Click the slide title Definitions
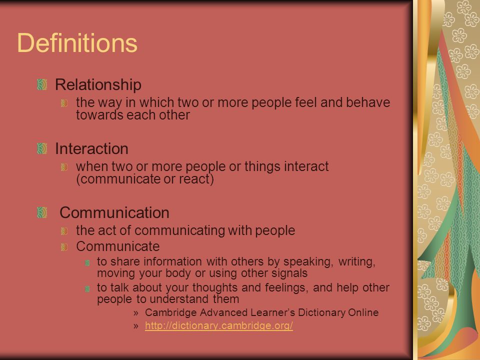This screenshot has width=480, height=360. [77, 43]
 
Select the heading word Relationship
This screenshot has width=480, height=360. [98, 85]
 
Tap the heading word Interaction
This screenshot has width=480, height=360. [91, 149]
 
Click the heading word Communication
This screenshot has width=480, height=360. [114, 213]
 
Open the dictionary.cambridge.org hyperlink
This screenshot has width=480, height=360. [219, 325]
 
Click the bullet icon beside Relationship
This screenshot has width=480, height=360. [42, 85]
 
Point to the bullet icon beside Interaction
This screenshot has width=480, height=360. [42, 149]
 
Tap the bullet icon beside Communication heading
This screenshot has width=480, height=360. [42, 213]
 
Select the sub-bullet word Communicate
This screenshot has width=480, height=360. [118, 246]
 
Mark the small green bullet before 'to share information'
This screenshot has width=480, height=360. [87, 262]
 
